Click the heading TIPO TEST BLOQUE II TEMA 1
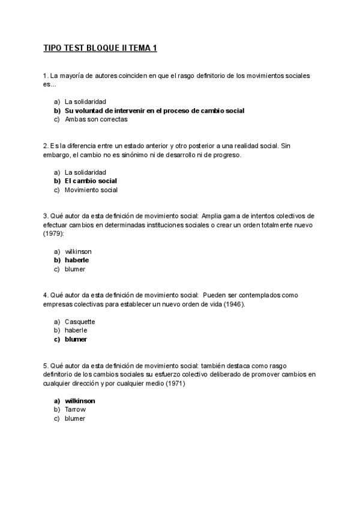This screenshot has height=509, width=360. point(100,48)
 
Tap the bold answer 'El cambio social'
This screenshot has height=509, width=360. point(91,181)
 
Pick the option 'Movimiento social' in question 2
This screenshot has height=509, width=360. point(91,190)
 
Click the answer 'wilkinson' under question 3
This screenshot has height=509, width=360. point(78,251)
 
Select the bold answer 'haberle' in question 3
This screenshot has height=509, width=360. point(77,260)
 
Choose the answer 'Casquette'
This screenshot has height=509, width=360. point(80,321)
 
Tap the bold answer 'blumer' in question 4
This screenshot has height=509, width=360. point(76,339)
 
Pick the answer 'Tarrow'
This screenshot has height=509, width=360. point(75,409)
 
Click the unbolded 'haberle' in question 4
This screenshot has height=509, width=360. point(76,330)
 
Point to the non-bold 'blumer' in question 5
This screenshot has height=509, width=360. point(75,418)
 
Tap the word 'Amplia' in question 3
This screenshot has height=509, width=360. point(213,216)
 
